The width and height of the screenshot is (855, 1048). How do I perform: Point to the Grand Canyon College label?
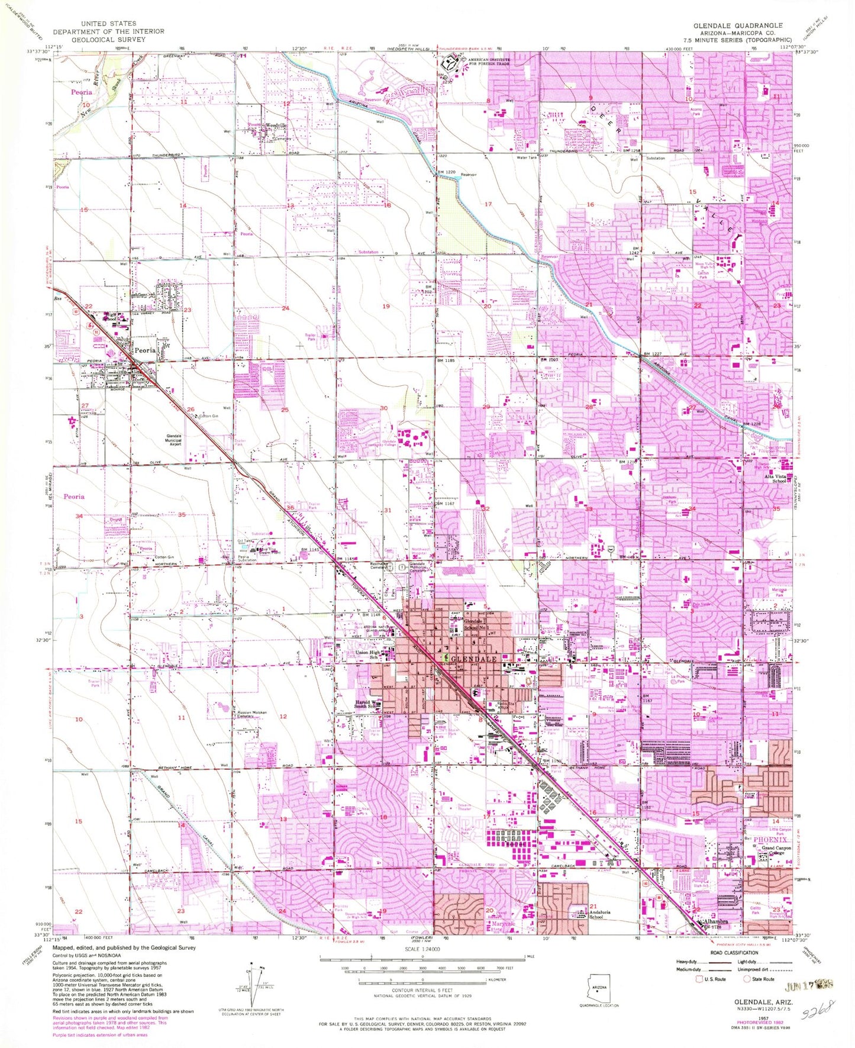coord(776,851)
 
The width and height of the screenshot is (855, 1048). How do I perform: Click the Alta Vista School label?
coord(775,478)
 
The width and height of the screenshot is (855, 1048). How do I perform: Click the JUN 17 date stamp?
coord(809,985)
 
